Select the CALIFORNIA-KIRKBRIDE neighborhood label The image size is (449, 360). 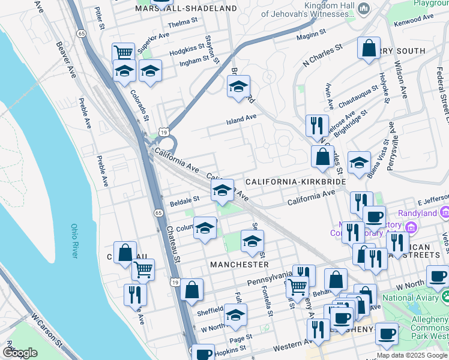295,181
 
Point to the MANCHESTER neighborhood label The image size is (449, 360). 240,264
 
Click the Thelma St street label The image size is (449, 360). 183,22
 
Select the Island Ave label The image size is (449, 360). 241,119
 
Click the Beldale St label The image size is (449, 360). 184,199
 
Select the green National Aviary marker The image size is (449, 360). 445,296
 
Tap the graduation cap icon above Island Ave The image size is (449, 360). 238,87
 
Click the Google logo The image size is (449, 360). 20,352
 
